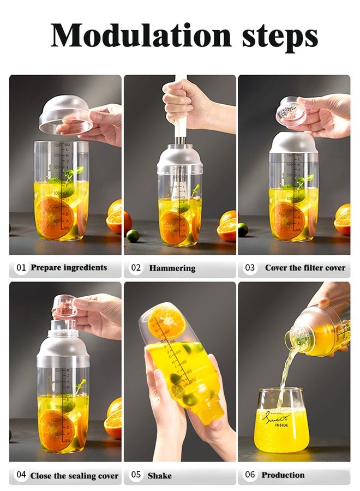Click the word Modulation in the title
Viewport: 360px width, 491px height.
141,35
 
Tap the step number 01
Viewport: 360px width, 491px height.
21,268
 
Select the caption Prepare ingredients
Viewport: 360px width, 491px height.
69,268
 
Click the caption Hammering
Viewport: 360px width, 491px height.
172,268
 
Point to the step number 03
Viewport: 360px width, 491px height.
250,268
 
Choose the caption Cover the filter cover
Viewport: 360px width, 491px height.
305,268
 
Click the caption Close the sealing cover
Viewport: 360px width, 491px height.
74,476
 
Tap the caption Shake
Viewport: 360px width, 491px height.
159,476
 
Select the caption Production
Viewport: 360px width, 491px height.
283,475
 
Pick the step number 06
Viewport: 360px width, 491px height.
250,475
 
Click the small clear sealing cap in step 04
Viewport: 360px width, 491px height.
65,306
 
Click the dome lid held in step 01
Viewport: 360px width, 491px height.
65,115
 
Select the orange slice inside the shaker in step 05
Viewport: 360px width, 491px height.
166,321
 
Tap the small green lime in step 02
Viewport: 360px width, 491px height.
133,236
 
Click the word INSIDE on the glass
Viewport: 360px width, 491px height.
281,425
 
